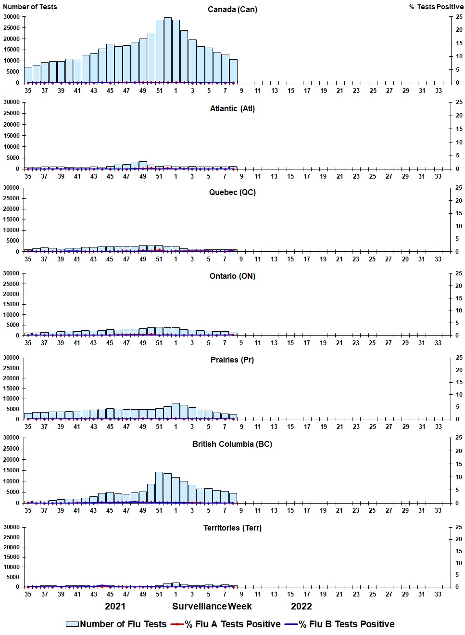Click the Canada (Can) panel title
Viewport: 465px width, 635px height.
pos(232,10)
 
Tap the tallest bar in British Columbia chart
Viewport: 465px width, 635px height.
pos(159,487)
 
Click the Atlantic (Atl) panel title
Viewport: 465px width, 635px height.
pos(232,109)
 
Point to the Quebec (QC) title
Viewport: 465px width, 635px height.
pos(232,193)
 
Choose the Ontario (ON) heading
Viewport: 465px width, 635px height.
pos(232,276)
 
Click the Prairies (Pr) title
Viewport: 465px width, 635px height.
pos(232,360)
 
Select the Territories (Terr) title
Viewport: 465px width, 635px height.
pos(232,528)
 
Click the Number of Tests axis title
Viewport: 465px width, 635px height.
pos(30,7)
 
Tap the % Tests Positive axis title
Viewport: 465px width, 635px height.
pos(436,7)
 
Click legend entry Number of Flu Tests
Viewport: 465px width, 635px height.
pos(116,624)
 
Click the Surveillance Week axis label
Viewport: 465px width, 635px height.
pos(212,607)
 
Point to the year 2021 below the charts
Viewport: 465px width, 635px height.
pos(115,607)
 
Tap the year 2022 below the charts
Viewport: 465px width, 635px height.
pos(302,607)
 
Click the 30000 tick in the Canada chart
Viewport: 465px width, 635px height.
pos(11,17)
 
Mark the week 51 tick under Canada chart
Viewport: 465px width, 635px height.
pos(159,91)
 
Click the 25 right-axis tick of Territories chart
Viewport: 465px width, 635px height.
pos(459,528)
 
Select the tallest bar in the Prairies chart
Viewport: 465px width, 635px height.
pos(176,411)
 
